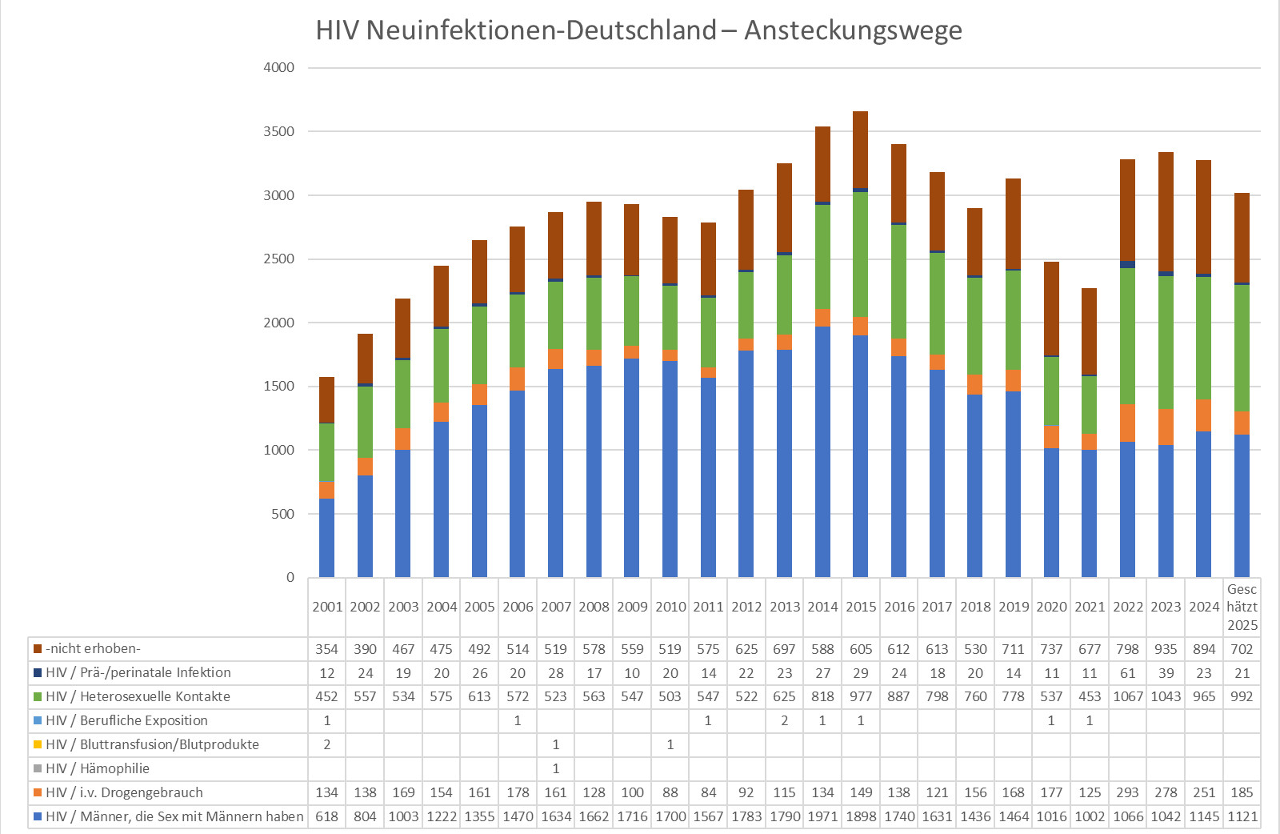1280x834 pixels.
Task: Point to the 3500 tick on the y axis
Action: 278,131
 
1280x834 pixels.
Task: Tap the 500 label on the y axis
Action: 282,514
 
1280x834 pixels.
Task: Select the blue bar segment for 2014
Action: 822,452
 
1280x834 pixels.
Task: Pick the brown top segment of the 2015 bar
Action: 860,150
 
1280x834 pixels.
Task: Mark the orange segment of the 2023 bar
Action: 1166,427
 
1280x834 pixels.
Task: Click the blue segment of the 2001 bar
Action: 326,538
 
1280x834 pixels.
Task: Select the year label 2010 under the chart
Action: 670,607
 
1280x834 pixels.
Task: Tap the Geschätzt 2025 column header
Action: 1242,607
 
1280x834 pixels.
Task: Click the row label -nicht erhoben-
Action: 93,648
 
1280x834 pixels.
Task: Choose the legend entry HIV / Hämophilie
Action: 97,768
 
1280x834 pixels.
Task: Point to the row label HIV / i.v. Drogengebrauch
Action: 124,792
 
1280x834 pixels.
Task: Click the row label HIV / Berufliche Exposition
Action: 126,720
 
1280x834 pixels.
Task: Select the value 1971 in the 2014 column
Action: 822,816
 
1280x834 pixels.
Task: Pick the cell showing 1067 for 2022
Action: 1127,696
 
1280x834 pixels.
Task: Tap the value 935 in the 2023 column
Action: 1166,649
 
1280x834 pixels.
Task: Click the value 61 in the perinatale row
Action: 1127,673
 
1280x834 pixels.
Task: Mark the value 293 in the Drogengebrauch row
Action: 1127,792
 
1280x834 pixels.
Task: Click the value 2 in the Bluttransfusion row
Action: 326,744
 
